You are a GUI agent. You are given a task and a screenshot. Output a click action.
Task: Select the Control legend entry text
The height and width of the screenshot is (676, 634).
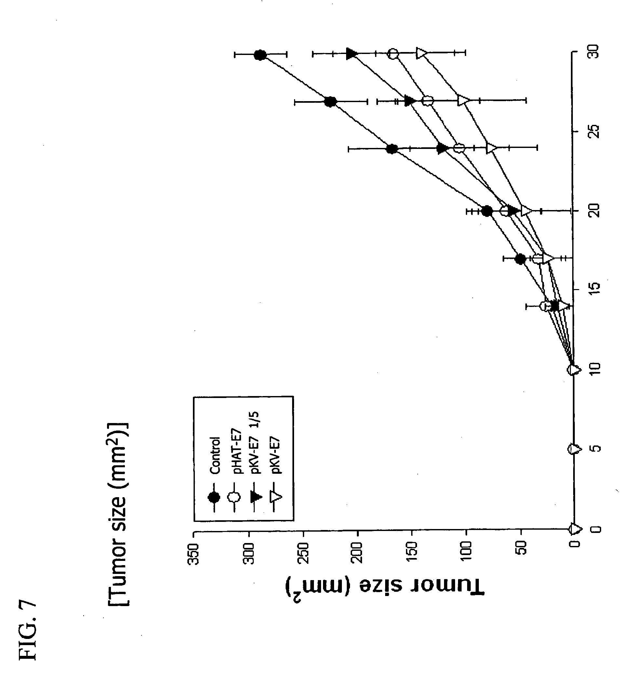[x=215, y=455]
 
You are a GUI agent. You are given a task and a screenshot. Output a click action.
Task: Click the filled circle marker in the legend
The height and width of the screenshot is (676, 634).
[x=214, y=497]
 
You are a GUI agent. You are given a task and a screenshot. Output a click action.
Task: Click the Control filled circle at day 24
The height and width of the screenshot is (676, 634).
[x=392, y=149]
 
